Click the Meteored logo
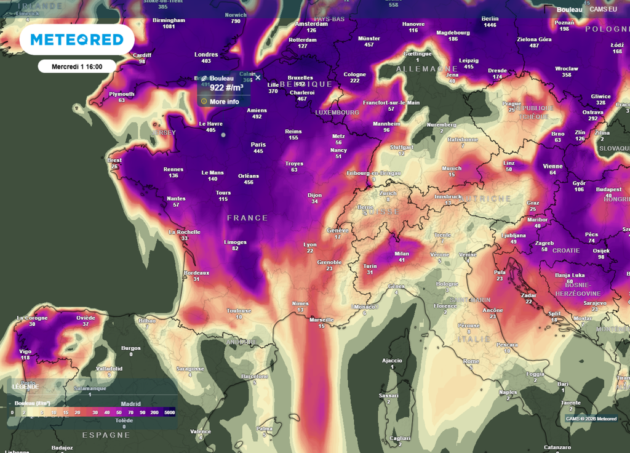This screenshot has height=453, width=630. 77,40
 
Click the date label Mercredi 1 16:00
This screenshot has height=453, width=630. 76,66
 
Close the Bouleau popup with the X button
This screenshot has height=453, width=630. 258,78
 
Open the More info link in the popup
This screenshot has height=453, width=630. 224,102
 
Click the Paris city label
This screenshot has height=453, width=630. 258,145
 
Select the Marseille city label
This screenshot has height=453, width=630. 321,320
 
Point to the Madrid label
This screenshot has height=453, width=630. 130,404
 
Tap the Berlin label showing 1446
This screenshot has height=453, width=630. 490,18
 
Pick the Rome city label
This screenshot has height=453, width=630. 471,361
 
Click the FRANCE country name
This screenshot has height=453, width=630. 247,218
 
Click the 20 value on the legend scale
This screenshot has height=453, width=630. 78,412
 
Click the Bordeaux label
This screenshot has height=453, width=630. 196,272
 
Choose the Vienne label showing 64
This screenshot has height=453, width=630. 552,166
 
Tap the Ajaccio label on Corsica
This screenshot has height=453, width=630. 392,360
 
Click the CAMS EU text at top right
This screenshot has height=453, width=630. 603,9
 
